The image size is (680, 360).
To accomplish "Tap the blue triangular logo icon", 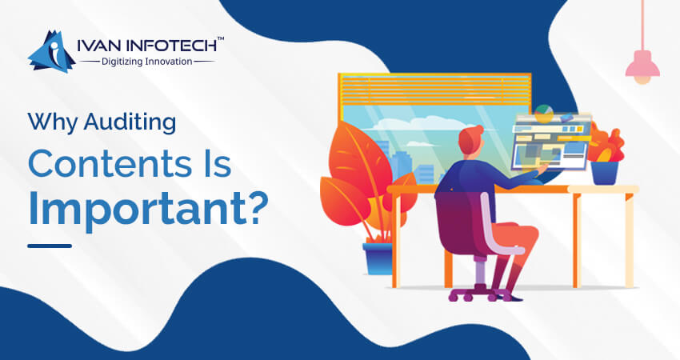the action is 51,51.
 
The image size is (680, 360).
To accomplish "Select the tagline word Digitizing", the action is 122,62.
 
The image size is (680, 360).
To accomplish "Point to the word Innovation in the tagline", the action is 168,61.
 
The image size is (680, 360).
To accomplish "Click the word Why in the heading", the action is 54,122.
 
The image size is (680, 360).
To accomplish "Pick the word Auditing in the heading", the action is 130,122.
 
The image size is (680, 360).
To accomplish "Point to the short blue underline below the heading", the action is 50,246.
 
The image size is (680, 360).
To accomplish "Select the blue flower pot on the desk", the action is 605,173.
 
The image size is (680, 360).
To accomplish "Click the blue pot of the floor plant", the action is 378,258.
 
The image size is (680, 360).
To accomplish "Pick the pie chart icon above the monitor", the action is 543,113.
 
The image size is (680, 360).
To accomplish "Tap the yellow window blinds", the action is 434,90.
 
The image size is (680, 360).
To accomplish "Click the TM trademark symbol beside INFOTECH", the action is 220,39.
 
